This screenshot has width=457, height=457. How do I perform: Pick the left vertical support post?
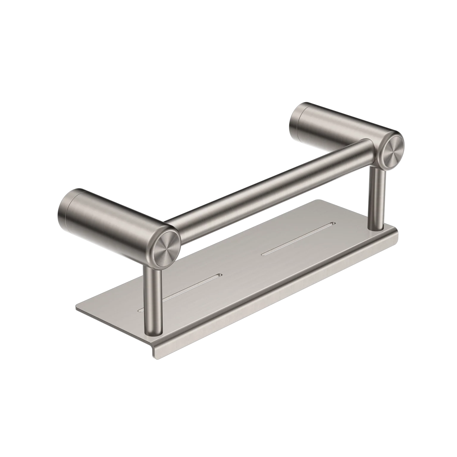(x=152, y=301)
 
